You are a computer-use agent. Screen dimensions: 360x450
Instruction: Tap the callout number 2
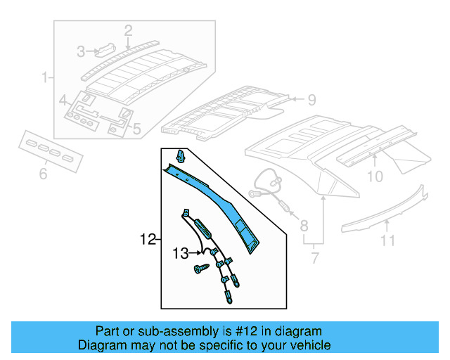tap(128, 30)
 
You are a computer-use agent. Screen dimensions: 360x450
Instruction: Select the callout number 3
tap(82, 51)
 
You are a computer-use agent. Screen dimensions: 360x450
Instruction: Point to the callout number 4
tap(63, 99)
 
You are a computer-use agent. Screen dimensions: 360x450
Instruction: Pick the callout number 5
tap(136, 129)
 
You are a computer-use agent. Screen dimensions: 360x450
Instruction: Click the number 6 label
tap(43, 173)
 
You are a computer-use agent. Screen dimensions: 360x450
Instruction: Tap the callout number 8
tap(304, 226)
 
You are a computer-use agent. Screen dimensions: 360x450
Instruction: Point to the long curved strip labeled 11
tap(387, 211)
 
